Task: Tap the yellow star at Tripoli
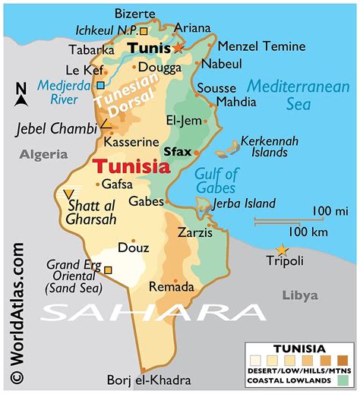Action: tap(282, 250)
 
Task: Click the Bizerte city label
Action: tap(134, 13)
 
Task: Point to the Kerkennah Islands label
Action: tap(265, 147)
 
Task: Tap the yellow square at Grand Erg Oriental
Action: tap(108, 269)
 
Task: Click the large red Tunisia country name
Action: tap(129, 165)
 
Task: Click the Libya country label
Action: tap(300, 295)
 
